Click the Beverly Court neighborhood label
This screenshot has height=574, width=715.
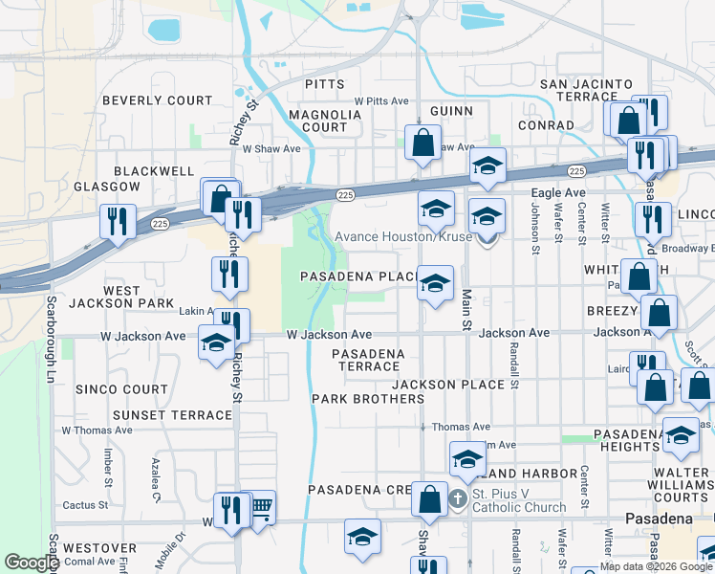157,100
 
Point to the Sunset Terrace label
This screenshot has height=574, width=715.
172,415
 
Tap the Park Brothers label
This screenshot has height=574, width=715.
354,398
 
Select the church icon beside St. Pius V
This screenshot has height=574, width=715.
458,498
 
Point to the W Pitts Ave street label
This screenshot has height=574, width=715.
380,100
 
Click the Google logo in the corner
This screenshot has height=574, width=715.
32,563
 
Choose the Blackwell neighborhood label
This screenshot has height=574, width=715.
154,170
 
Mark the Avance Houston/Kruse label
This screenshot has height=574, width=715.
403,236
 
